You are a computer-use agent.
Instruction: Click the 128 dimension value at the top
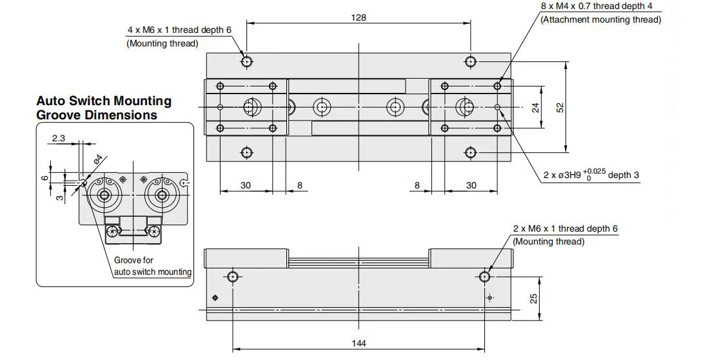point(358,17)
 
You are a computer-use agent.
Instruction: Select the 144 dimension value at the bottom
point(359,343)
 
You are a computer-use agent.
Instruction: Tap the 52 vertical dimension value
point(560,107)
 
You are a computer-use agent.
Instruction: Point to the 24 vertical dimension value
point(536,107)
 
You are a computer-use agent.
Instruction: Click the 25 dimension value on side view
point(534,299)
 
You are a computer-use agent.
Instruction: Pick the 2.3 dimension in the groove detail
point(59,138)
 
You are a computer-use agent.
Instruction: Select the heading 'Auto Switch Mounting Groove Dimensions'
point(104,108)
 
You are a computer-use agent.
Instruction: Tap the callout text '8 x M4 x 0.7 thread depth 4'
point(600,6)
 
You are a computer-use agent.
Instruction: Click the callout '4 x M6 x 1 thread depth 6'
point(179,30)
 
